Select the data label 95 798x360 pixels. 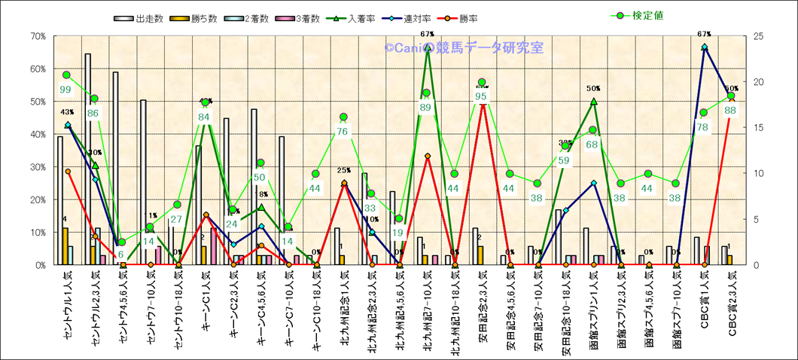pyautogui.click(x=482, y=96)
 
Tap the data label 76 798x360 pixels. pyautogui.click(x=343, y=132)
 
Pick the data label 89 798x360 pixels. pyautogui.click(x=426, y=108)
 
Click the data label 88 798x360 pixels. pyautogui.click(x=730, y=110)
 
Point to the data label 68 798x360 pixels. pyautogui.click(x=592, y=145)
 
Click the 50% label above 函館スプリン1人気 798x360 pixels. pyautogui.click(x=593, y=88)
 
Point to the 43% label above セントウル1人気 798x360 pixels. pyautogui.click(x=66, y=112)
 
